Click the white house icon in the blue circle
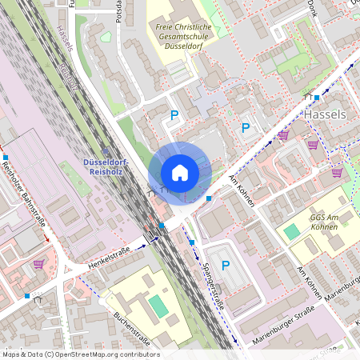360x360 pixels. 180,173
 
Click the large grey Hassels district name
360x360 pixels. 326,114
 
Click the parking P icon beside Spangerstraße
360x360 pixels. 225,266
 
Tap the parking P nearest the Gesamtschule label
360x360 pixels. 174,115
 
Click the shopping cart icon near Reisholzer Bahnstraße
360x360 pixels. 38,264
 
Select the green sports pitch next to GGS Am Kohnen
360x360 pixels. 292,230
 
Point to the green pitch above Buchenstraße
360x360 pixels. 159,306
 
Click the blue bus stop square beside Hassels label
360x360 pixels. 317,98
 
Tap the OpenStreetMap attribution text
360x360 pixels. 81,354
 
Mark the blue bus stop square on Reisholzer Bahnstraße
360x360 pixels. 6,157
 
